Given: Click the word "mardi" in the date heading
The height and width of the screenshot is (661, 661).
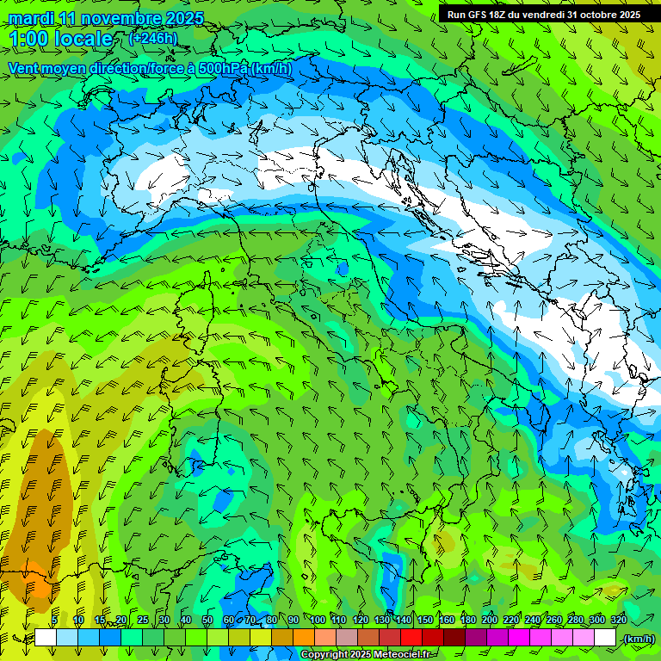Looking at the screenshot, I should click(x=29, y=18).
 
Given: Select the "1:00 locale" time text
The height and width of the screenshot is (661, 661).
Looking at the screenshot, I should click(x=60, y=39).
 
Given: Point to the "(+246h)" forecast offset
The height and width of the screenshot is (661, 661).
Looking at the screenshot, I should click(x=152, y=38).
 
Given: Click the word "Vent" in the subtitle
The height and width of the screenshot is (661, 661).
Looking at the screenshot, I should click(x=24, y=68).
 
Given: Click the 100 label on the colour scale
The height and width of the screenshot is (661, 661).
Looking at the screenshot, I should click(x=317, y=620).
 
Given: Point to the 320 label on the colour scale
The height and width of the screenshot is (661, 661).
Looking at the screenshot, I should click(x=617, y=620).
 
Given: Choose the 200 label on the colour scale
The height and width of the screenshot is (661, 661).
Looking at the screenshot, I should click(x=489, y=620).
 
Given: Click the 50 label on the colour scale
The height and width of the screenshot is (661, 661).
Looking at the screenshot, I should click(x=207, y=620).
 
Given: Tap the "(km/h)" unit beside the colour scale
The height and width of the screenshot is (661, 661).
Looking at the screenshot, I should click(x=639, y=638).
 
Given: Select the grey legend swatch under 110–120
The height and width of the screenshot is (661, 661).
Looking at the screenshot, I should click(x=347, y=638).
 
